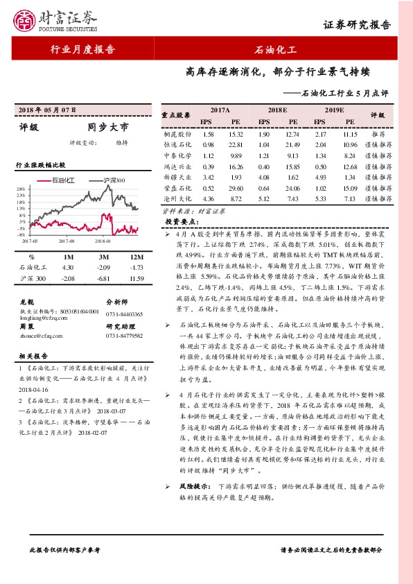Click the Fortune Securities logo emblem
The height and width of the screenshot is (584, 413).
tap(27, 19)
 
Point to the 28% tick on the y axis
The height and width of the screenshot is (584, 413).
tap(21, 189)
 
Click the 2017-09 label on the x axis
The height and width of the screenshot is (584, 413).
tap(67, 241)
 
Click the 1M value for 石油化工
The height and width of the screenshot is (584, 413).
tap(67, 267)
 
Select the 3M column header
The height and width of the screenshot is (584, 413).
tap(103, 257)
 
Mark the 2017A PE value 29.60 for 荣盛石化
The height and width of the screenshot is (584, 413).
tap(234, 188)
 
